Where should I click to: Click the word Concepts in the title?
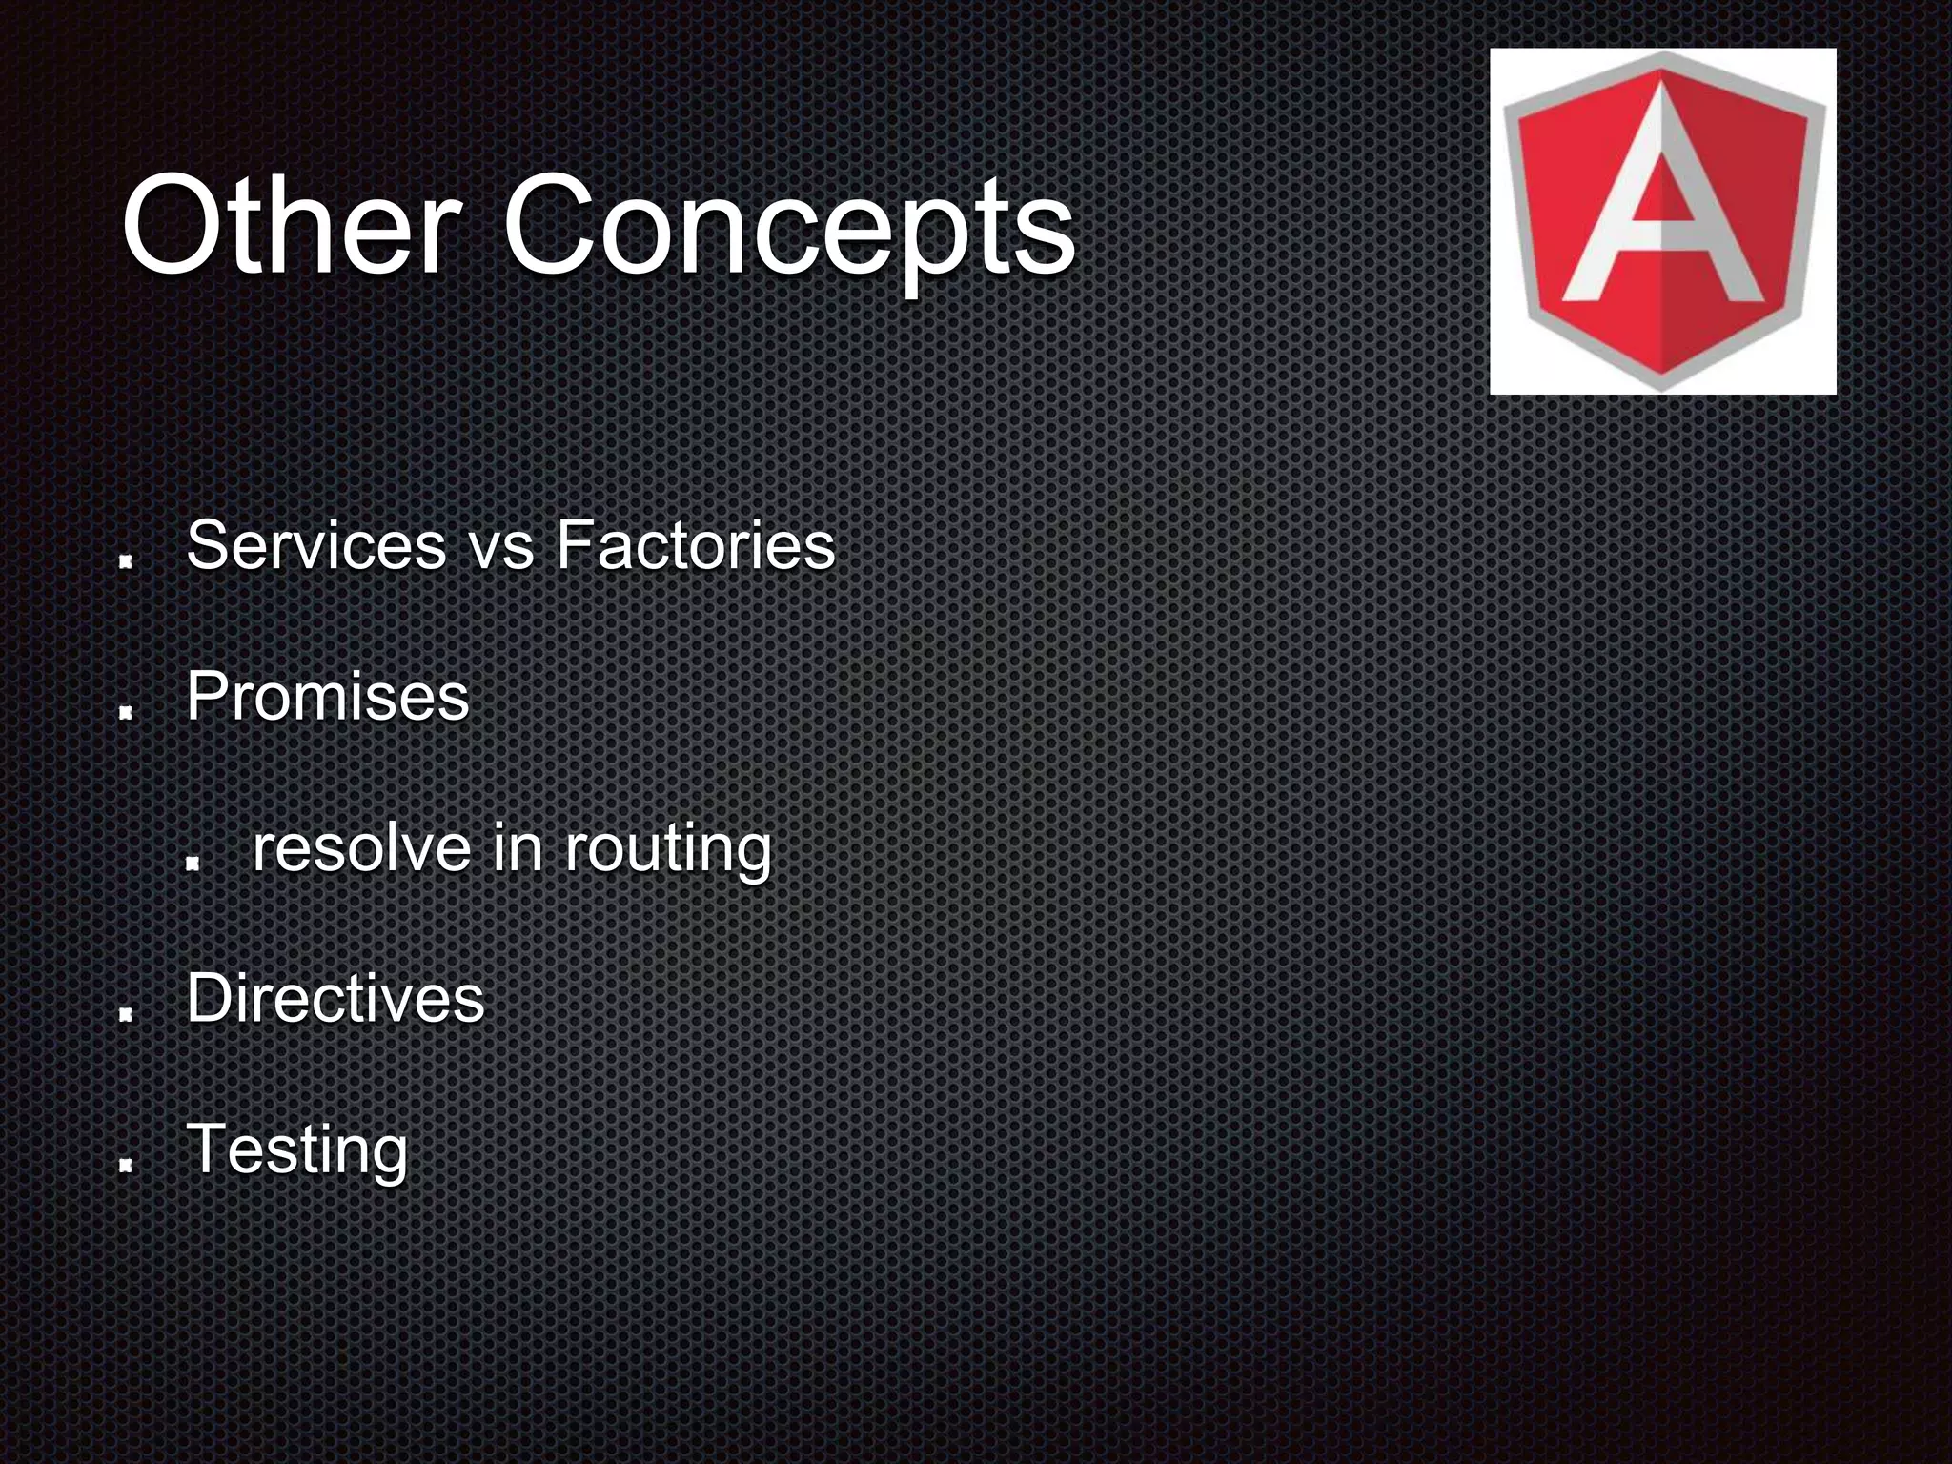789,229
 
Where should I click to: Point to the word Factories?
695,545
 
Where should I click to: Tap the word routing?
667,849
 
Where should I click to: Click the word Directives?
335,998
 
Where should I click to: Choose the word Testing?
297,1149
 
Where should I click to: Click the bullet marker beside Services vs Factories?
125,563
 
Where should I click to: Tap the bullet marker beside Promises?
125,714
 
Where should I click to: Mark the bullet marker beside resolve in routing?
192,864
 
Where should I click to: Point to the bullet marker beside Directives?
125,1015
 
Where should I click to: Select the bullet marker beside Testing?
125,1166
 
